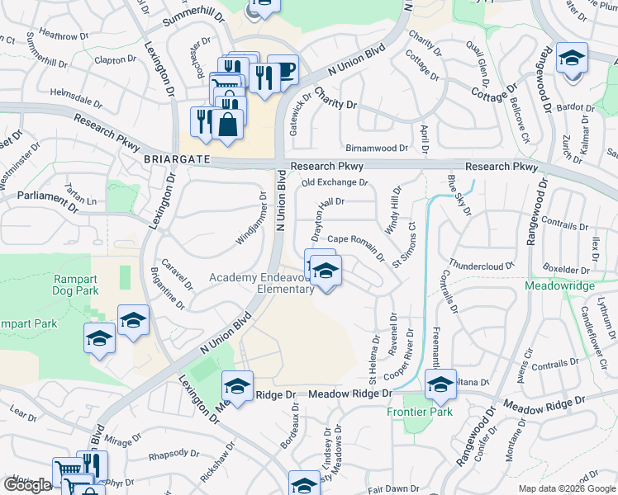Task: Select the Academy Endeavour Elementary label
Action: [x=261, y=283]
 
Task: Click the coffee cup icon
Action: [x=283, y=71]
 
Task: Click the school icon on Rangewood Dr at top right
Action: [x=572, y=59]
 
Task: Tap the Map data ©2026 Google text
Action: [x=568, y=488]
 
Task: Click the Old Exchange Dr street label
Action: [x=334, y=182]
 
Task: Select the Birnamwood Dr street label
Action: [x=376, y=148]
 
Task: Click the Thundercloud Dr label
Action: [x=482, y=266]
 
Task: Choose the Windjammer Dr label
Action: [x=252, y=219]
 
